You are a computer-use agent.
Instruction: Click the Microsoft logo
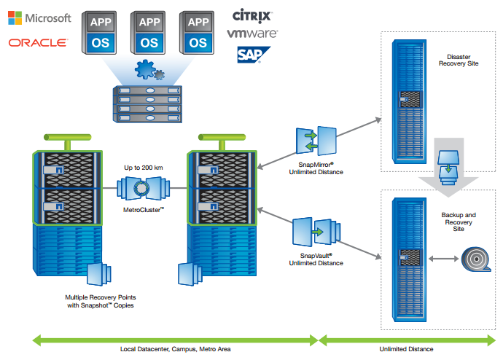point(39,17)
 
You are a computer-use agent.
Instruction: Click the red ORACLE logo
point(38,43)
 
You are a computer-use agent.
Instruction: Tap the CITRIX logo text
point(252,15)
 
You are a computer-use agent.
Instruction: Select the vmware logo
point(252,34)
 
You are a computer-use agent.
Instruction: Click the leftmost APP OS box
point(101,31)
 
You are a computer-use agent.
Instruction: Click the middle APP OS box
point(149,31)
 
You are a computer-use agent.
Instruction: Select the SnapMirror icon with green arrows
point(316,141)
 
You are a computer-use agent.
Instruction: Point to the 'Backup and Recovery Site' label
point(459,222)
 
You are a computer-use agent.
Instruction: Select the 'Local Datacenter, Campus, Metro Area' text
point(175,349)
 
